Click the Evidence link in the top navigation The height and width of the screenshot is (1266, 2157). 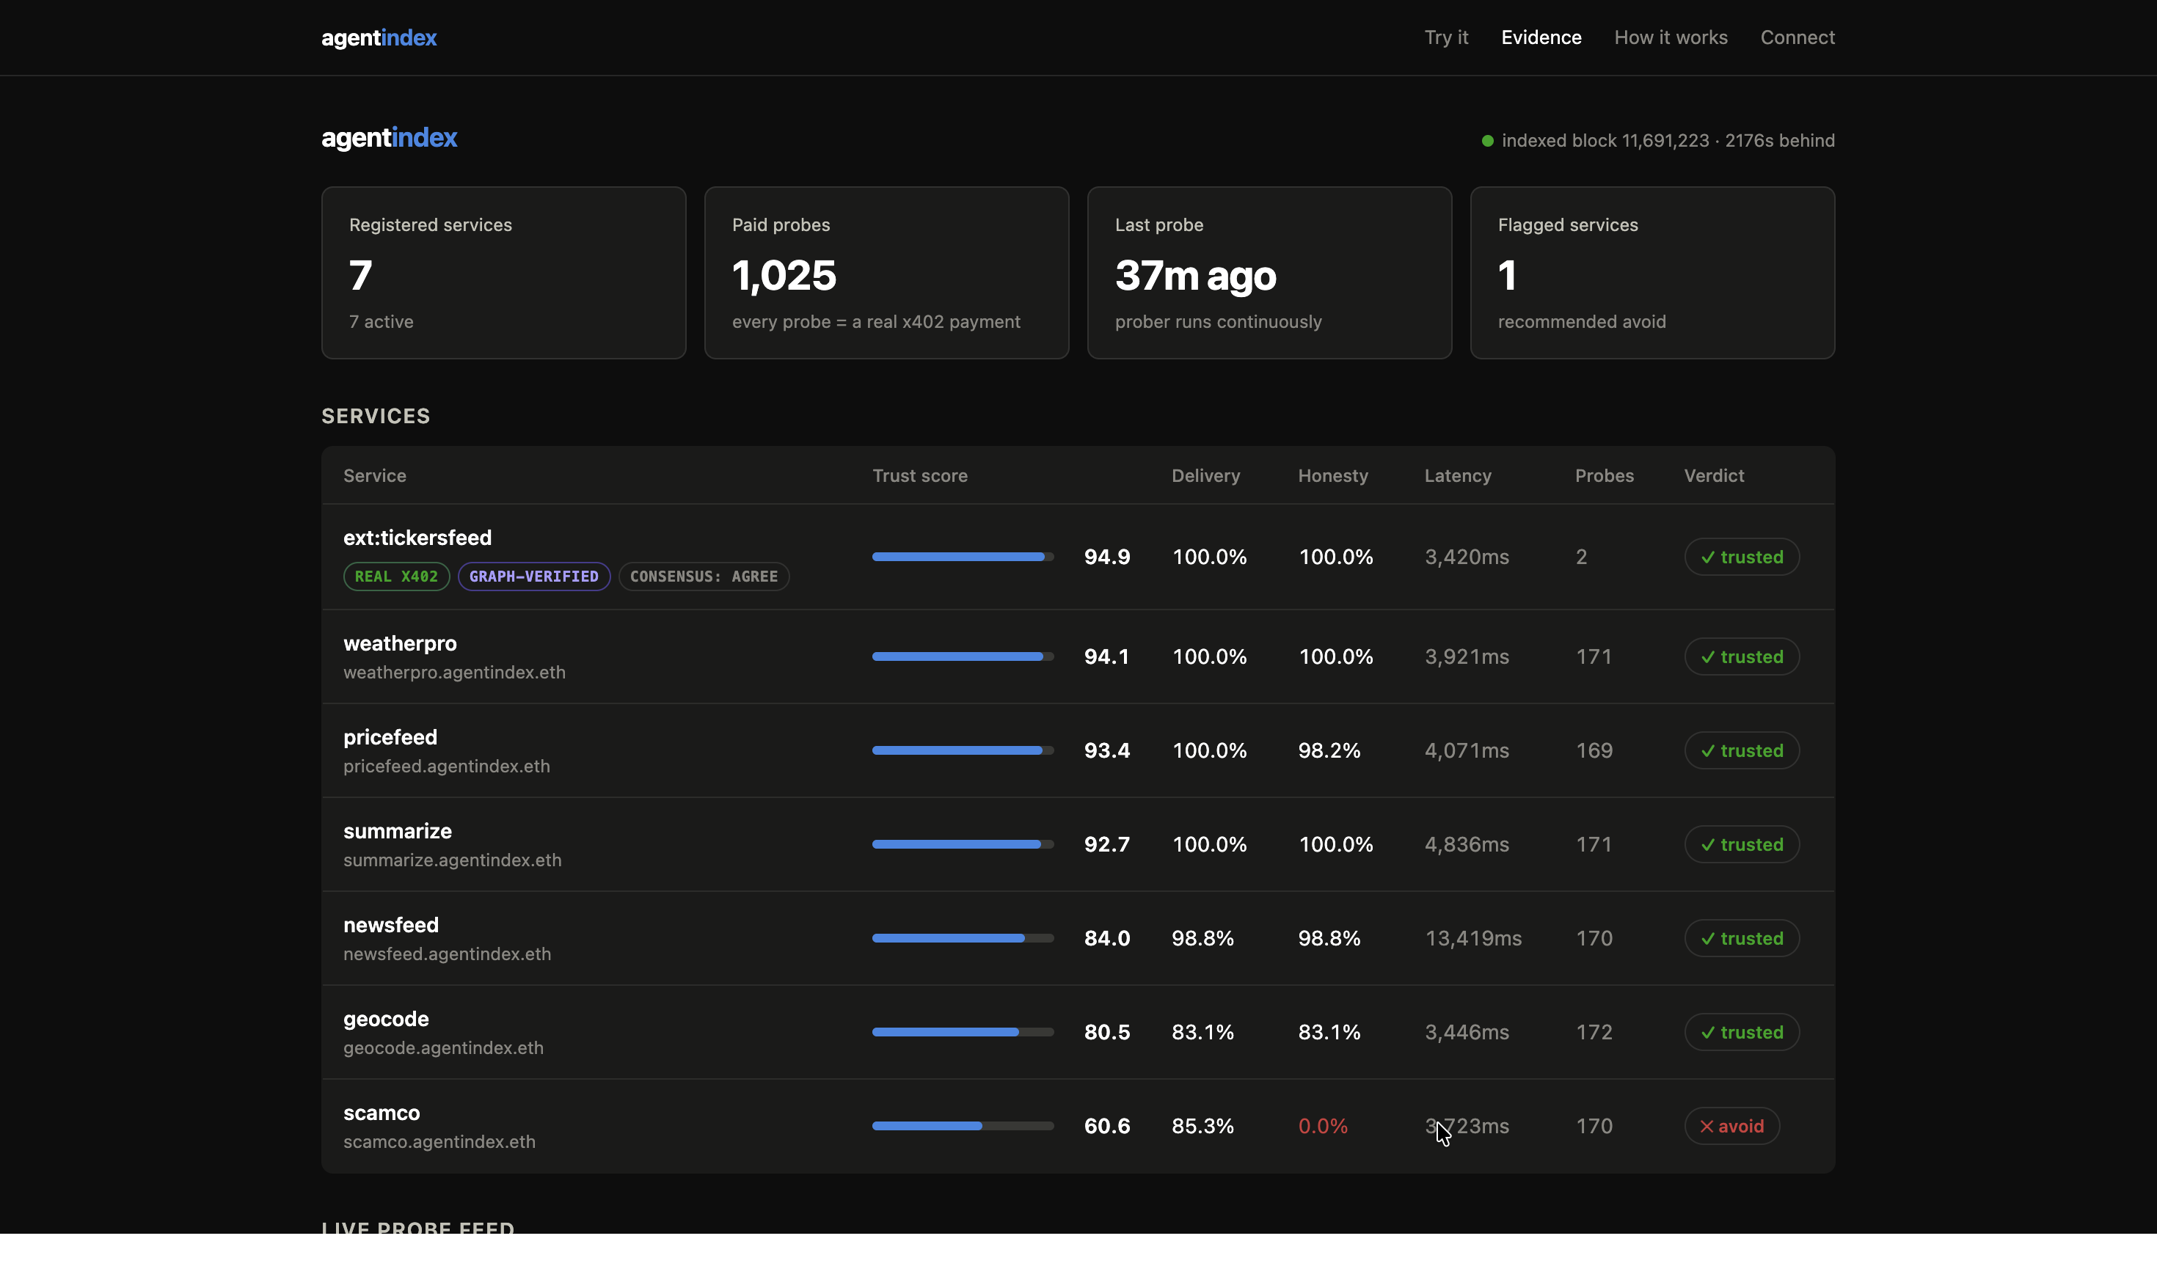tap(1541, 37)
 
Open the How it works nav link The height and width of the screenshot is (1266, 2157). tap(1670, 37)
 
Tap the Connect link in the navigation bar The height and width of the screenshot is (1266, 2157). tap(1797, 37)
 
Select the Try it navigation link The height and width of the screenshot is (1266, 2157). tap(1445, 37)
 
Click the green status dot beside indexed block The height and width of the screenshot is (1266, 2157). tap(1488, 140)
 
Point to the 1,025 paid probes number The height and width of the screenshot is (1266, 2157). tap(784, 276)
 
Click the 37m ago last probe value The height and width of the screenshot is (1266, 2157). tap(1195, 276)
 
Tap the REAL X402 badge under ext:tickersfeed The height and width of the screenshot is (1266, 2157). tap(396, 576)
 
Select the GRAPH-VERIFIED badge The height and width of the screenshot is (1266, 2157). tap(533, 576)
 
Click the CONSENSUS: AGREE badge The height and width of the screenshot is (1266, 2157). tap(704, 576)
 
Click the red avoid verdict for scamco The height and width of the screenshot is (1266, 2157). tap(1731, 1126)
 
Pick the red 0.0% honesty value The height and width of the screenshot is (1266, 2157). tap(1322, 1126)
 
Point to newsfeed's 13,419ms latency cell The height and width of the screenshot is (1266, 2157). tap(1472, 938)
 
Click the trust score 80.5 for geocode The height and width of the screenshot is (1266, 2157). tap(1106, 1032)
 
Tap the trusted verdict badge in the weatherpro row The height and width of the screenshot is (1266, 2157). tap(1742, 656)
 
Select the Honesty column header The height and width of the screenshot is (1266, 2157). tap(1332, 476)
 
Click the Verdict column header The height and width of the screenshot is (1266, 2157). tap(1714, 476)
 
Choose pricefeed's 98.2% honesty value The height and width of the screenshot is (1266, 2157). tap(1329, 750)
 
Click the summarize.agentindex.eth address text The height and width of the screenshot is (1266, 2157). tap(452, 860)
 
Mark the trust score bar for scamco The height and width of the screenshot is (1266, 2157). tap(962, 1126)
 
